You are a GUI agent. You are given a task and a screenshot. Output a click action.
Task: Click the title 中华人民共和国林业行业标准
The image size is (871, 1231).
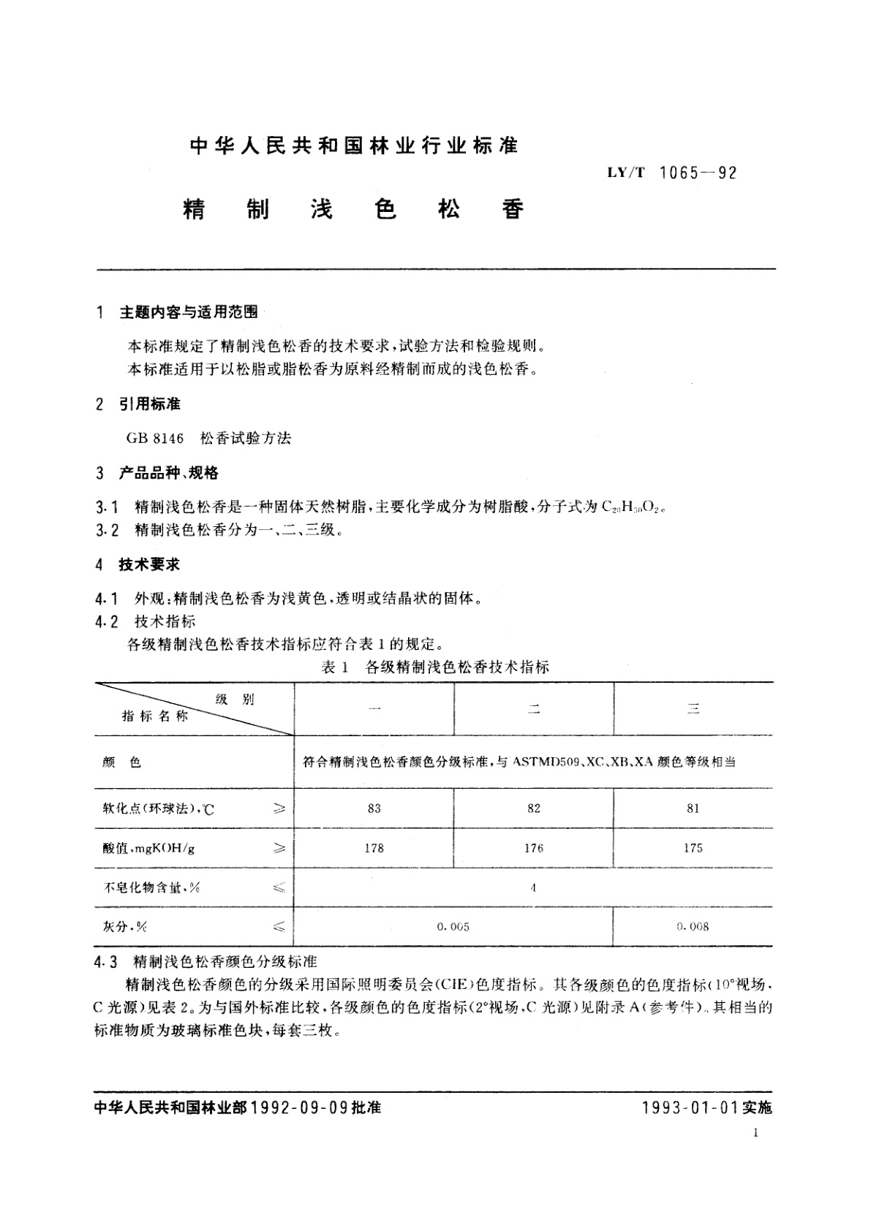tap(353, 146)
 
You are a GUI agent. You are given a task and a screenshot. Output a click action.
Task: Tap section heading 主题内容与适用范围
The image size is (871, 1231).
tap(188, 312)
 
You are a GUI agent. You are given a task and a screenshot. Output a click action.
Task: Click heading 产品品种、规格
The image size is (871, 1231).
tap(168, 473)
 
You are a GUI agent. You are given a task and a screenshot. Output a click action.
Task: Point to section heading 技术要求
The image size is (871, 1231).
tap(149, 564)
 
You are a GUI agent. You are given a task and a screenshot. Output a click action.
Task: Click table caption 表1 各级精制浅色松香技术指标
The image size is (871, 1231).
tap(434, 667)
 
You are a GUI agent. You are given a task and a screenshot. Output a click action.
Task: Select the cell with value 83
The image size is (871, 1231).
tap(374, 808)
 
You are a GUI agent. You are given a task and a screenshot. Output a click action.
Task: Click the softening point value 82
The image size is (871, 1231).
tap(534, 808)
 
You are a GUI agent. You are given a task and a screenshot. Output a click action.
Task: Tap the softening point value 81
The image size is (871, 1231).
tap(693, 808)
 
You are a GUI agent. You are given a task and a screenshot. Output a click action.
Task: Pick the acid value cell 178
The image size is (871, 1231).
tap(374, 848)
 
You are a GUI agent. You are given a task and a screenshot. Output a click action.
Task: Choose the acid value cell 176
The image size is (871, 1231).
tap(534, 848)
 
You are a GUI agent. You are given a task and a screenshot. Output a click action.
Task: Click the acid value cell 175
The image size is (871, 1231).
tap(693, 848)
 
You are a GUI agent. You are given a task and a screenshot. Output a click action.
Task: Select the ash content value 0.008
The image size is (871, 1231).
tap(693, 927)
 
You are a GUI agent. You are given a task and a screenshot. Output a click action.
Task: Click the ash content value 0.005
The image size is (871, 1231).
tap(453, 927)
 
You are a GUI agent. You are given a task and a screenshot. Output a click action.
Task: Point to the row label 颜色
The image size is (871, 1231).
tap(122, 762)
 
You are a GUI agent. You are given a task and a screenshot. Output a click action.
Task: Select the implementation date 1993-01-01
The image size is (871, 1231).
tap(690, 1107)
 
